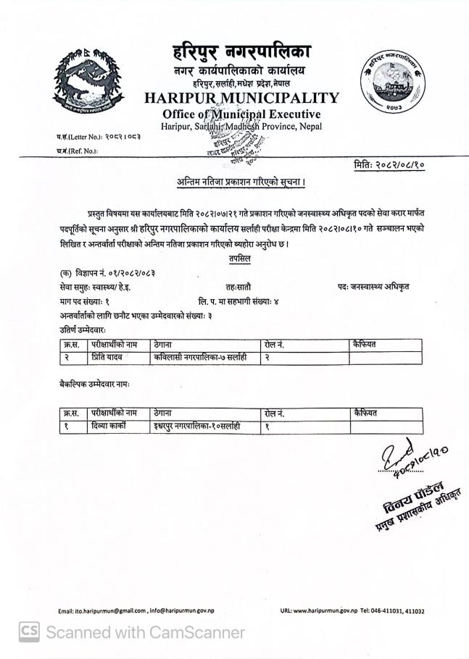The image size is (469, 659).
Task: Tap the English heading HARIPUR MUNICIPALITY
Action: pos(241,98)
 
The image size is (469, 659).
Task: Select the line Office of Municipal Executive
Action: pos(241,114)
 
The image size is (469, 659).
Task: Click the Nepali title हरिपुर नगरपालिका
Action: pos(242,53)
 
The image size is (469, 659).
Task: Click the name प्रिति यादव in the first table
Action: pos(106,358)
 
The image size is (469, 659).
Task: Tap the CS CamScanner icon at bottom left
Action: pos(28,632)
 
